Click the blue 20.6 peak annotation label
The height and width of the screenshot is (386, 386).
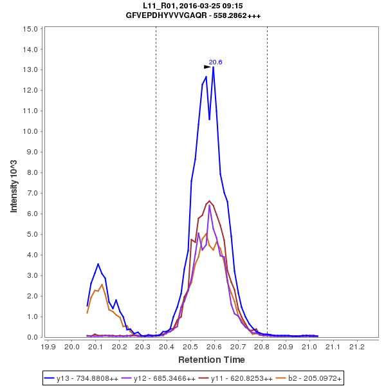click(x=216, y=62)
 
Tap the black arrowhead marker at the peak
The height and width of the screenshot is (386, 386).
click(x=207, y=66)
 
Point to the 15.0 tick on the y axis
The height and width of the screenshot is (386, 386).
click(x=30, y=29)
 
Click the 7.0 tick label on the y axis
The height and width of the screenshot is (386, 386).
click(x=30, y=193)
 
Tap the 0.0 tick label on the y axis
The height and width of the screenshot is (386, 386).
click(x=30, y=337)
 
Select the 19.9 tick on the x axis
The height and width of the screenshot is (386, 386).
click(x=48, y=346)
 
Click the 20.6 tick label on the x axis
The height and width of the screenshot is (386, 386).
click(x=214, y=346)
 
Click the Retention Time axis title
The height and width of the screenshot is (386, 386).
click(x=212, y=359)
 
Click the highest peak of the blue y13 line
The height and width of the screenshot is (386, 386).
click(x=213, y=67)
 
